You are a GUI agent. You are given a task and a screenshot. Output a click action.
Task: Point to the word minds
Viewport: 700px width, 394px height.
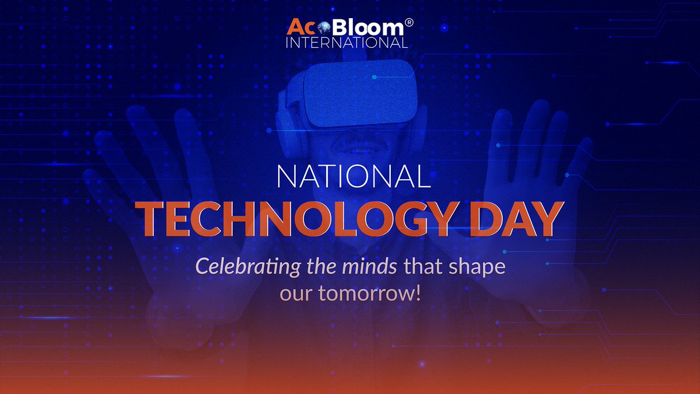tap(374, 267)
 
